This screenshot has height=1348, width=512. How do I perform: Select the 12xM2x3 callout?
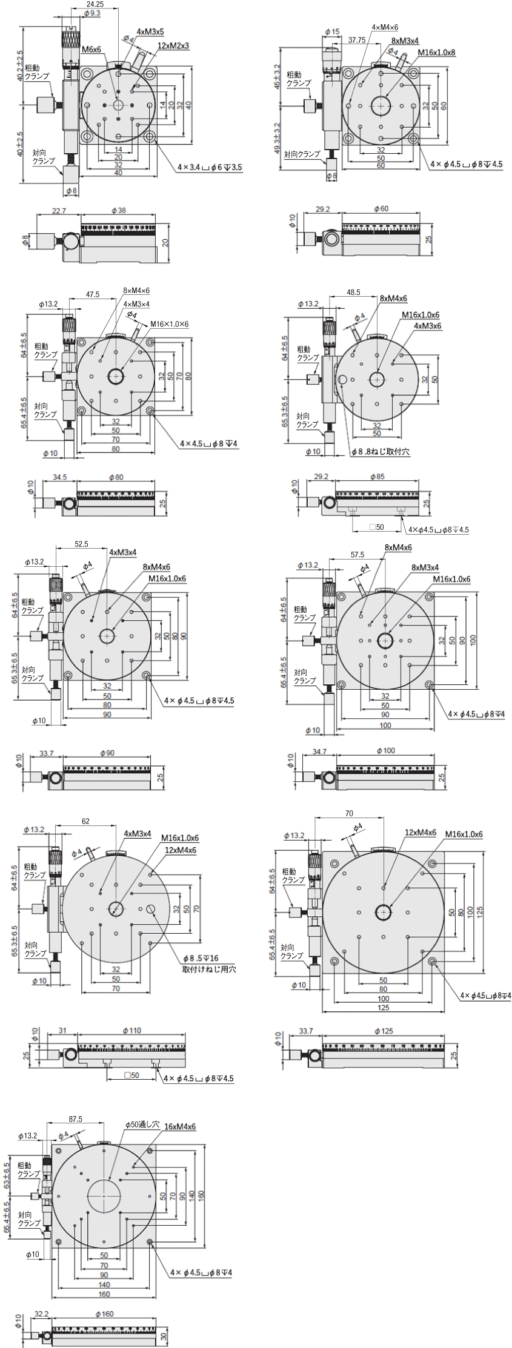[x=173, y=45]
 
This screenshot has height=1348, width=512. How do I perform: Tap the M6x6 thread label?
[x=91, y=49]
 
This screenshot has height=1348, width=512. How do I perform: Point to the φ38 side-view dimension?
[x=119, y=211]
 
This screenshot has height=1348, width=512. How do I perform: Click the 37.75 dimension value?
[x=357, y=41]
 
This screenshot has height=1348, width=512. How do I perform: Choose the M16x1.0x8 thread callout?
[x=436, y=53]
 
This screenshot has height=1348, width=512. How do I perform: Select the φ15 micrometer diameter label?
[x=332, y=31]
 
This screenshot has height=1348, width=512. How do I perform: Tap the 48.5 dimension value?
[x=353, y=292]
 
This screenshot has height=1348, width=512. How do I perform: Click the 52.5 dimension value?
[x=81, y=544]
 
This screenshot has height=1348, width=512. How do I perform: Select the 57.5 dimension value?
[x=357, y=554]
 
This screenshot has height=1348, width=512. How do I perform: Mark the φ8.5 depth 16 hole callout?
[x=201, y=958]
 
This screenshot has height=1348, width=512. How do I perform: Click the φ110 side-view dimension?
[x=131, y=1030]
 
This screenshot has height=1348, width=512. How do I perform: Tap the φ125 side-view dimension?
[x=384, y=1031]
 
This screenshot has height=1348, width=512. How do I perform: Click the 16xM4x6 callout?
[x=180, y=1126]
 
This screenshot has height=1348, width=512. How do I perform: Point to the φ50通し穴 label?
[x=142, y=1124]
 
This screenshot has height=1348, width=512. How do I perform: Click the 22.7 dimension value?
[x=59, y=211]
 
